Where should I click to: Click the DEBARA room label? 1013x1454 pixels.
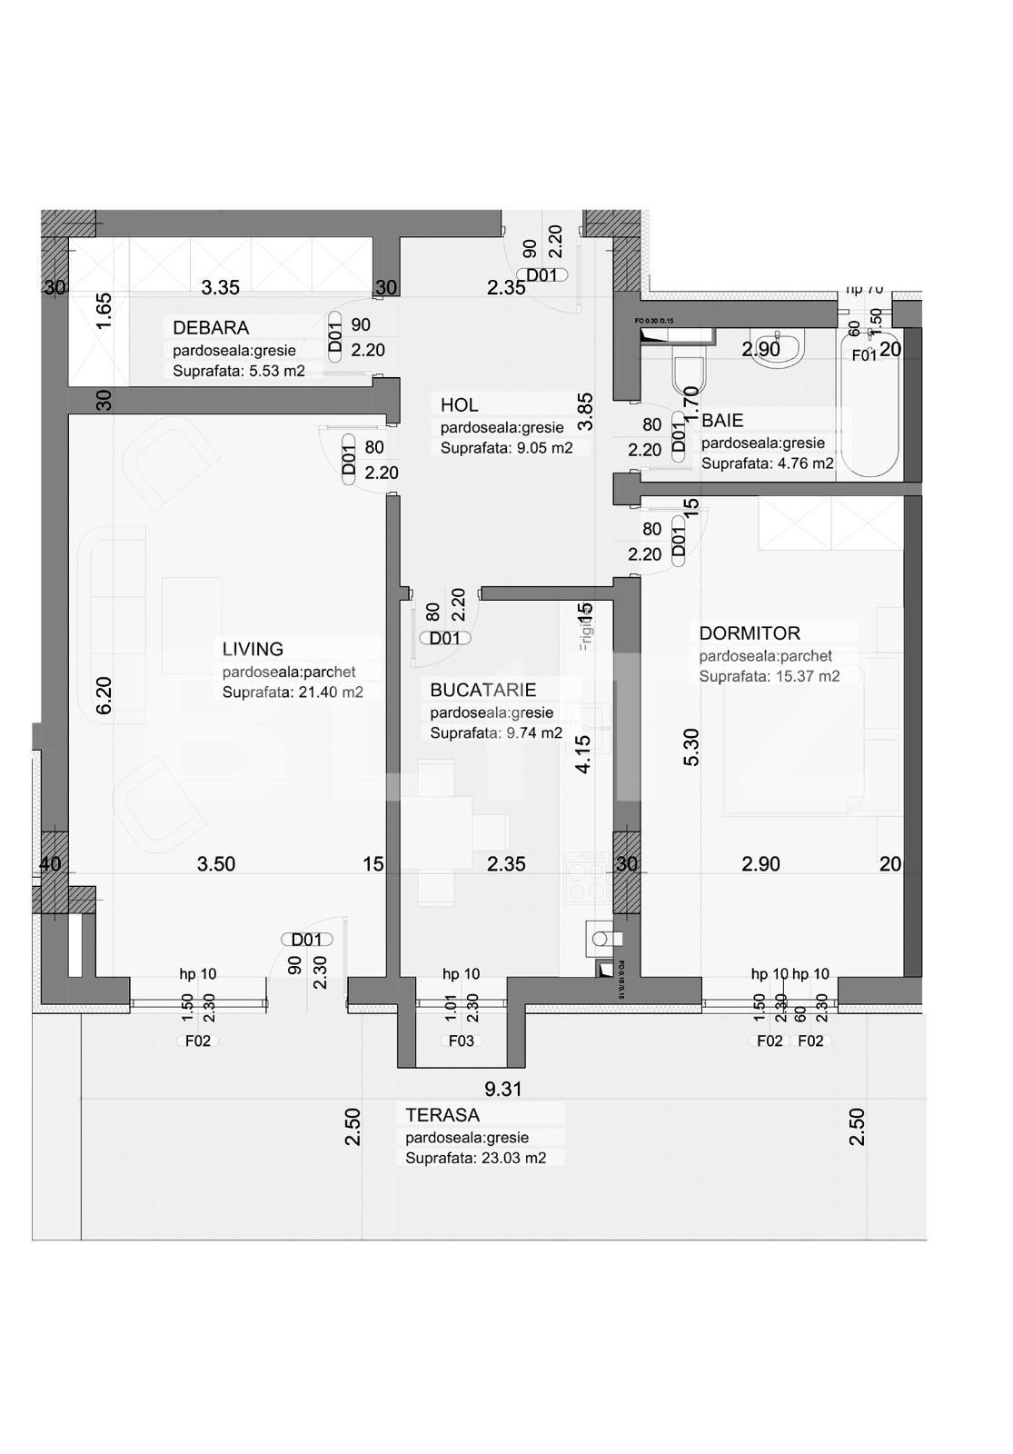click(211, 327)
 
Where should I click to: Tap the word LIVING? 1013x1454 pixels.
click(253, 649)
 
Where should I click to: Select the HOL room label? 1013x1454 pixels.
click(459, 405)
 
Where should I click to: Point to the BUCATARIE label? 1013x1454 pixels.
click(482, 691)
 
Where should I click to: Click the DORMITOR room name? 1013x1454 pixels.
click(749, 633)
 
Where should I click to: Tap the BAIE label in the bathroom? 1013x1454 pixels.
click(722, 421)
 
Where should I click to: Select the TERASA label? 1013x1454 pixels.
click(442, 1115)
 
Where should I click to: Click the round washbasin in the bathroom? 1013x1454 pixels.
click(777, 345)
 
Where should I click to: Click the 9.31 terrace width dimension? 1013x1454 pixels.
click(502, 1089)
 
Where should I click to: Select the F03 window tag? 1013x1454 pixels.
click(461, 1041)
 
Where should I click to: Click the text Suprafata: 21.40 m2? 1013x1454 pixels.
click(293, 692)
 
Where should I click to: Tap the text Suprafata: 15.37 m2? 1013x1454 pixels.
click(769, 677)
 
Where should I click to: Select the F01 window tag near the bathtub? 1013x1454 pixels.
click(863, 355)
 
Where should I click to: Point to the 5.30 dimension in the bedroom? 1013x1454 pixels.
click(691, 747)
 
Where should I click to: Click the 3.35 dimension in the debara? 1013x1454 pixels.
click(220, 288)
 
